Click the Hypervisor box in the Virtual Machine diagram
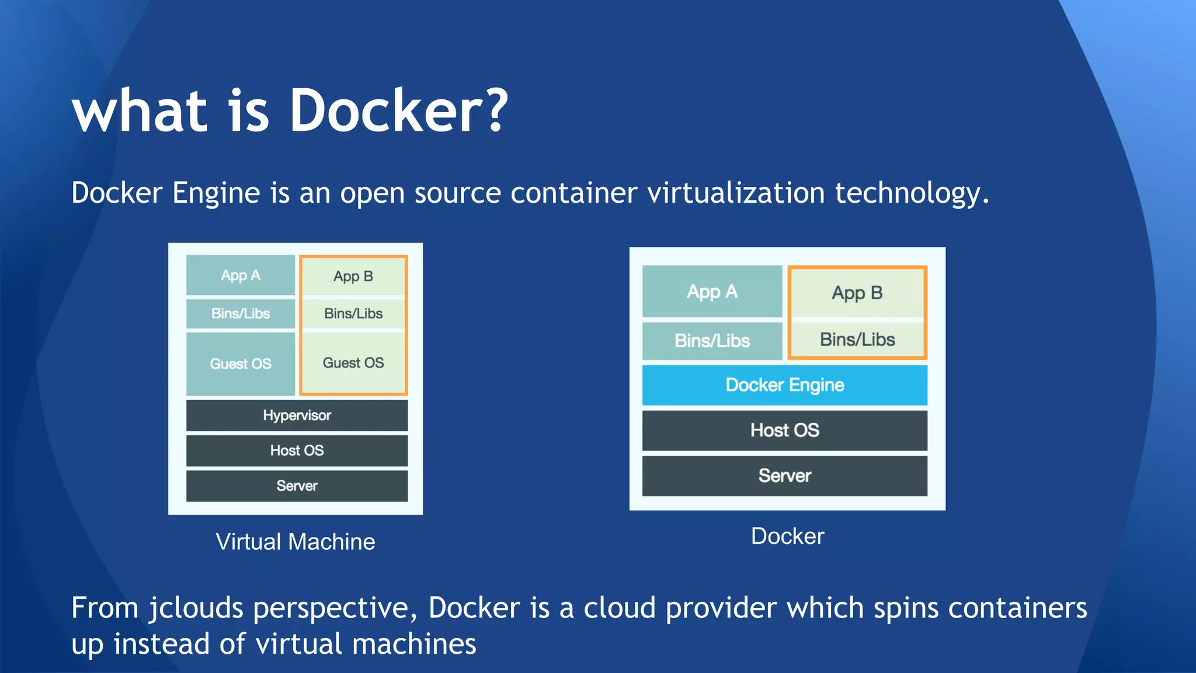297,415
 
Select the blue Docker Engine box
784,385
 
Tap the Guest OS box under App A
241,363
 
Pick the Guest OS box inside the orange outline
353,363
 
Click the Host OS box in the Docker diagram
784,431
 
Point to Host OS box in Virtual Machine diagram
297,450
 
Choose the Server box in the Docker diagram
784,476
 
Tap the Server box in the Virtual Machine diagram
297,485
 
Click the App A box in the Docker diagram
712,292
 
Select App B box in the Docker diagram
857,293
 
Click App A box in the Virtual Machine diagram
241,275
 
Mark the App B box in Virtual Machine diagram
353,276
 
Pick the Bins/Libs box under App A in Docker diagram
712,341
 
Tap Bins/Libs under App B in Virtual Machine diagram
353,314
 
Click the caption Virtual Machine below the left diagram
295,542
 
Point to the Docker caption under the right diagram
787,536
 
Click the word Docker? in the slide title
399,111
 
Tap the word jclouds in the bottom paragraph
196,609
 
